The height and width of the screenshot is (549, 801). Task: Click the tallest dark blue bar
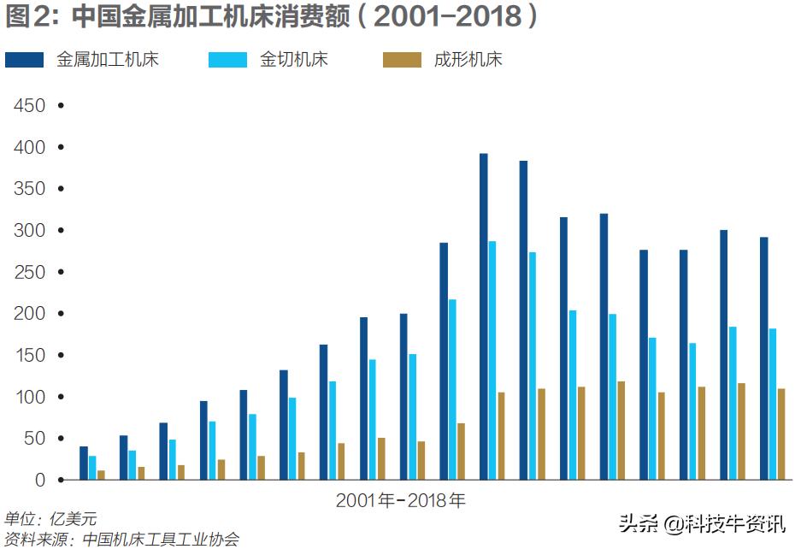(483, 316)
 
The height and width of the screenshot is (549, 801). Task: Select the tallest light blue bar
(492, 360)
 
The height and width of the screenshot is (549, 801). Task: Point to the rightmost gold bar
(780, 434)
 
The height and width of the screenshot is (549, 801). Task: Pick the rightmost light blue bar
(772, 404)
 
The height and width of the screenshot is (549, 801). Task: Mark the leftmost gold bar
(101, 475)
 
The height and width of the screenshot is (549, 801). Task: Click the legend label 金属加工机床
(108, 59)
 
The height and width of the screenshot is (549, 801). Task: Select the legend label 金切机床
(293, 59)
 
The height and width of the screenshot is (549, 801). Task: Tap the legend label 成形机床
(468, 59)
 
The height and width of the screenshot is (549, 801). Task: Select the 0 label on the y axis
(39, 481)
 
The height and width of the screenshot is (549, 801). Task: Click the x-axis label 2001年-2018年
(400, 500)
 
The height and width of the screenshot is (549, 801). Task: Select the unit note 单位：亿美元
(50, 519)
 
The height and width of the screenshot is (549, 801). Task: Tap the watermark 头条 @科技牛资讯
(701, 524)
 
